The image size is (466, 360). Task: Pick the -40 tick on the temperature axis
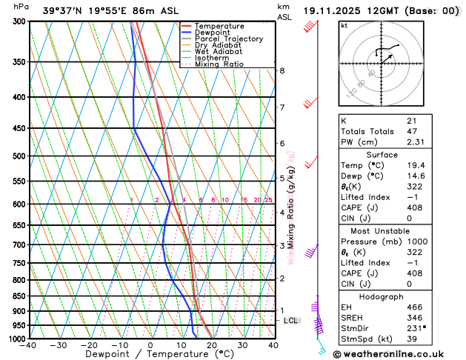29,345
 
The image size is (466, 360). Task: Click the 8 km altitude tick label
282,70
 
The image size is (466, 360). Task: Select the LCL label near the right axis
291,321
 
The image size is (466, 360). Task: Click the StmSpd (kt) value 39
410,339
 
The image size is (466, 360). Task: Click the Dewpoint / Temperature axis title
150,355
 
